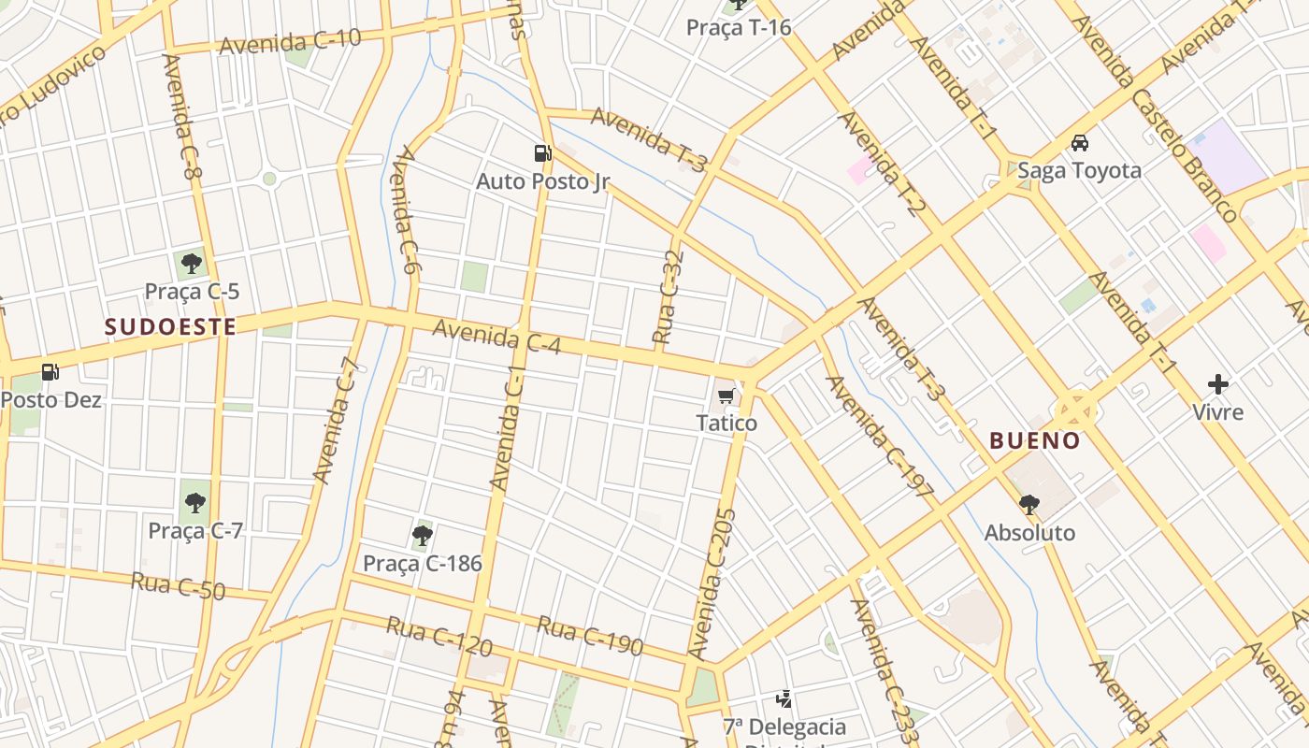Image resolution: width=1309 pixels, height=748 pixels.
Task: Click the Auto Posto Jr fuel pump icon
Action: click(542, 153)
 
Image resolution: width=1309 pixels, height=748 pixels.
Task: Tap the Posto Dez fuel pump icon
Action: click(50, 372)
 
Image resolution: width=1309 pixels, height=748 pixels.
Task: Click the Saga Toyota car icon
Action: click(1080, 143)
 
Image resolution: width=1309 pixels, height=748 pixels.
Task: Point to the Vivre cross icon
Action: click(1217, 384)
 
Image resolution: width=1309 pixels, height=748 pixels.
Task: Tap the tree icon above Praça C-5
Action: click(192, 264)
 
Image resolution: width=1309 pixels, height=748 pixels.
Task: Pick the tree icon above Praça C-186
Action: click(422, 536)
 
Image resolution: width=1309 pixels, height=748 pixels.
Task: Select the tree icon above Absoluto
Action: click(1029, 505)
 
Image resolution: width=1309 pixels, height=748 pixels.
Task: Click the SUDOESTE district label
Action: click(169, 326)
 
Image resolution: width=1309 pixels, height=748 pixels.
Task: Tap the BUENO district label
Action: click(1035, 440)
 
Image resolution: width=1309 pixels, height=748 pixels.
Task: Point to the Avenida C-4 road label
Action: click(496, 337)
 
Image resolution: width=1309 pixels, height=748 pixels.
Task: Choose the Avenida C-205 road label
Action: click(712, 583)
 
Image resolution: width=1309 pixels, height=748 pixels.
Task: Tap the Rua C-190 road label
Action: click(590, 635)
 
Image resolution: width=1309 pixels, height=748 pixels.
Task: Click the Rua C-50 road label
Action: click(179, 588)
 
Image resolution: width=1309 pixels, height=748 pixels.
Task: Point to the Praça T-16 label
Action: click(739, 27)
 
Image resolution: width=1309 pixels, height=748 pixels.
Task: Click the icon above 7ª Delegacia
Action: click(784, 698)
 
